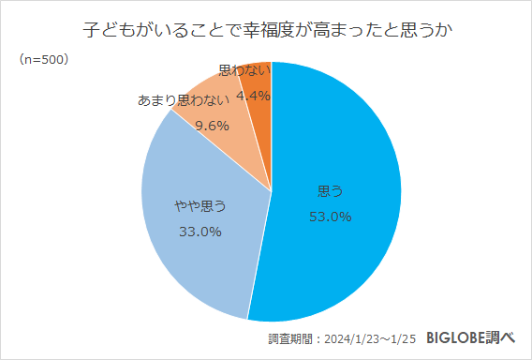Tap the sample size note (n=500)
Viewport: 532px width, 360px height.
42,59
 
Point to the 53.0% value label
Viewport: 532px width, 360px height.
330,217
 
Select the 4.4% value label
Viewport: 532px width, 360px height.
253,95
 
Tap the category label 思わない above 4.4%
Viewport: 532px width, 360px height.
244,70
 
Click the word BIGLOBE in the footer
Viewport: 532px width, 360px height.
456,337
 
